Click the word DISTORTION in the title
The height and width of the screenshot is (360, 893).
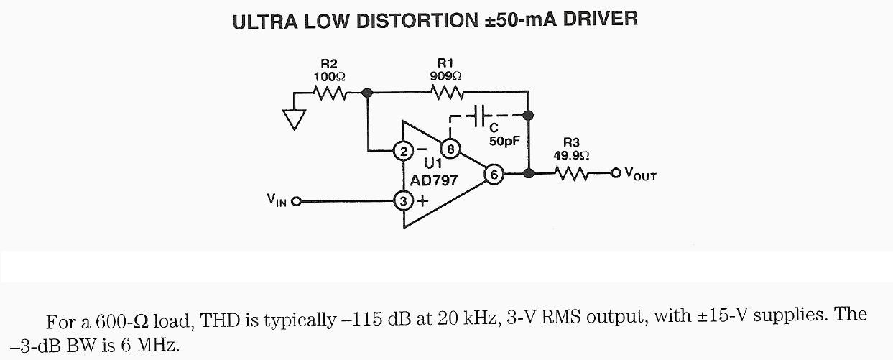point(403,20)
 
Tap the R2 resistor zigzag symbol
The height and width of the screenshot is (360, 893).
point(330,93)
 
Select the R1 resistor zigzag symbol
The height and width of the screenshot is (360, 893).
point(446,93)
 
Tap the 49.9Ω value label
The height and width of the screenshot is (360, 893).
point(572,154)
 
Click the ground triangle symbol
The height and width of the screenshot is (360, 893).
point(293,119)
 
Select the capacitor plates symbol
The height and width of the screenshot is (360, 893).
point(481,114)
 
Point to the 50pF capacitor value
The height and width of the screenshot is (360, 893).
point(504,142)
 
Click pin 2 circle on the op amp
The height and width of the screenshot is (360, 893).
point(403,151)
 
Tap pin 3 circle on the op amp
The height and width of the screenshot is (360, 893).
point(403,201)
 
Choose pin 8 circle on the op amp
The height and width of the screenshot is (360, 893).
point(450,149)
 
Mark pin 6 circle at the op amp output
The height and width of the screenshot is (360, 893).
point(493,173)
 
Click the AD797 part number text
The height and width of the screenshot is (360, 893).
point(433,180)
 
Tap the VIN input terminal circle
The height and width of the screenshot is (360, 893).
point(295,201)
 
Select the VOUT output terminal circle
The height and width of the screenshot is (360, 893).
point(615,173)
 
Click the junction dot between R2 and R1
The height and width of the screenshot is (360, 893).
point(367,93)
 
